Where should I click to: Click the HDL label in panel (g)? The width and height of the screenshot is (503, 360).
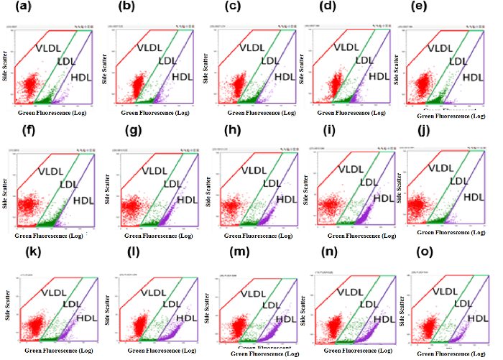186,200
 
